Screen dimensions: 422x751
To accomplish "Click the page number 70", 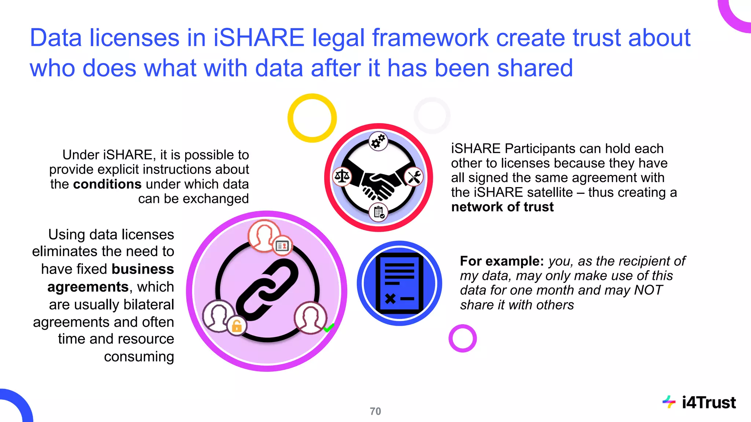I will (375, 411).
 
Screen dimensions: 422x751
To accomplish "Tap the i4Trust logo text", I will (708, 403).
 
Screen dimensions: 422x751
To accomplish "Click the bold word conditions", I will (107, 184).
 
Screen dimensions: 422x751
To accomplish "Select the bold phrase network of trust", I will (502, 207).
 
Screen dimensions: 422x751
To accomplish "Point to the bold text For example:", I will (502, 261).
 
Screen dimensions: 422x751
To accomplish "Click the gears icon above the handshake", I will (378, 141).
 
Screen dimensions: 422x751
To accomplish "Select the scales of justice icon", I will (342, 177).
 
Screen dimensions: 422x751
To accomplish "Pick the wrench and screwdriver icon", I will (414, 177).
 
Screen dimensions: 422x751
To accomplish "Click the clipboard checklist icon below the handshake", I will (378, 212).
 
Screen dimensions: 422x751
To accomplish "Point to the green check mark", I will (329, 327).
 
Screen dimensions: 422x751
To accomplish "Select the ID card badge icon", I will (282, 246).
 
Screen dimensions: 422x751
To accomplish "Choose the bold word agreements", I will (88, 287).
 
